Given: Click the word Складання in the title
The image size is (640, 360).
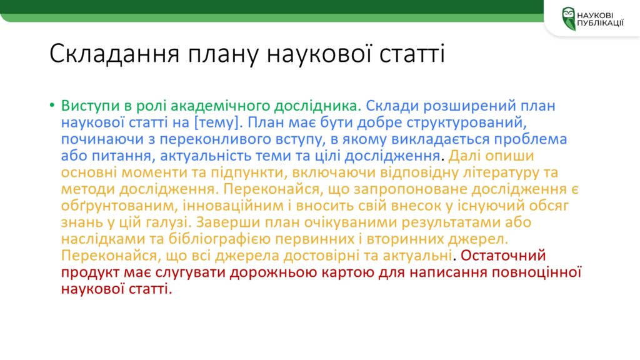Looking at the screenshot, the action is pos(115,54).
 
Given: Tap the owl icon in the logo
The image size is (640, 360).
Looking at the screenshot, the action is pos(569,18).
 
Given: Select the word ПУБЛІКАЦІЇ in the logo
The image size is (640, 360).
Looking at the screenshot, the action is pos(601,23).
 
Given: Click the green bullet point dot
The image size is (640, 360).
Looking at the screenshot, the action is pos(52,106).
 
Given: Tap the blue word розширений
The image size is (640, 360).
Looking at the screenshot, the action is pos(469,106).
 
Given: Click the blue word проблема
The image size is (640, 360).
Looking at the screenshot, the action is pos(531,139).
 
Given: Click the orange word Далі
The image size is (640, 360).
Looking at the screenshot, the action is pos(464,156).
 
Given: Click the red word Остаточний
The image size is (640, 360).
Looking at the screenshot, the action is pos(503,256).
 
